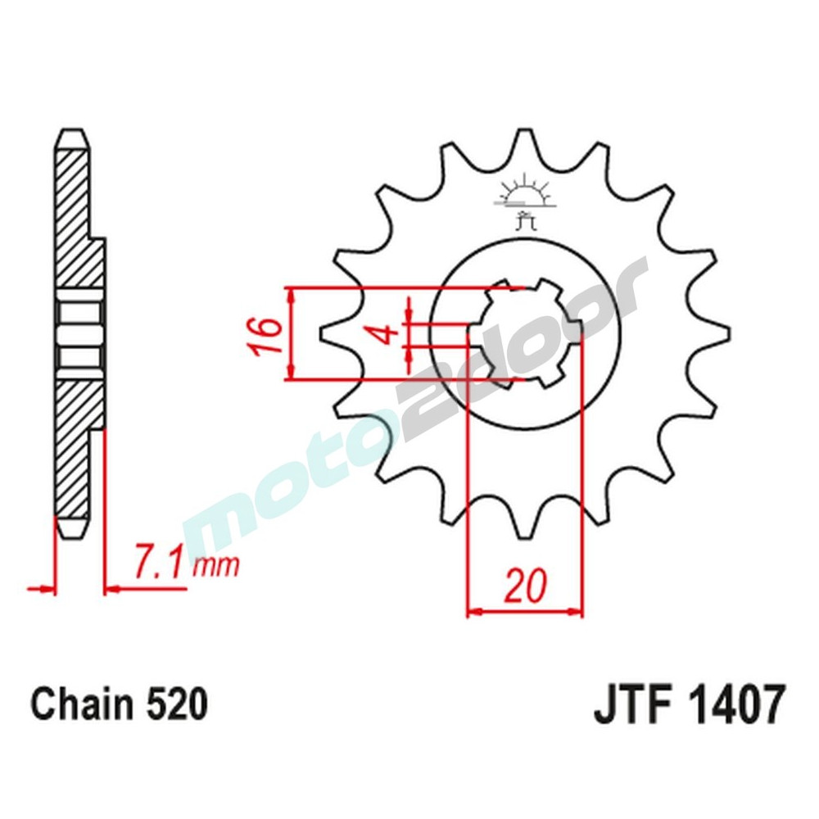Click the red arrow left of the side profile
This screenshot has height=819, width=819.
click(x=41, y=588)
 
